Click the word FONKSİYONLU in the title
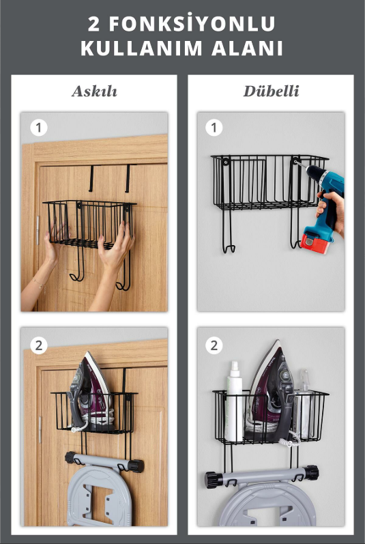click(192, 24)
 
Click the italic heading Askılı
click(94, 91)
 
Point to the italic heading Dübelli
click(271, 91)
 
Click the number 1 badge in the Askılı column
click(38, 128)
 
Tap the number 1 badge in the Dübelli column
click(214, 128)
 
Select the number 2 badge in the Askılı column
click(38, 345)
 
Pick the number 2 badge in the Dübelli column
click(214, 345)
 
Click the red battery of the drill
click(315, 242)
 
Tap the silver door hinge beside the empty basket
click(38, 230)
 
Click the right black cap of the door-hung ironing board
click(136, 466)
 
